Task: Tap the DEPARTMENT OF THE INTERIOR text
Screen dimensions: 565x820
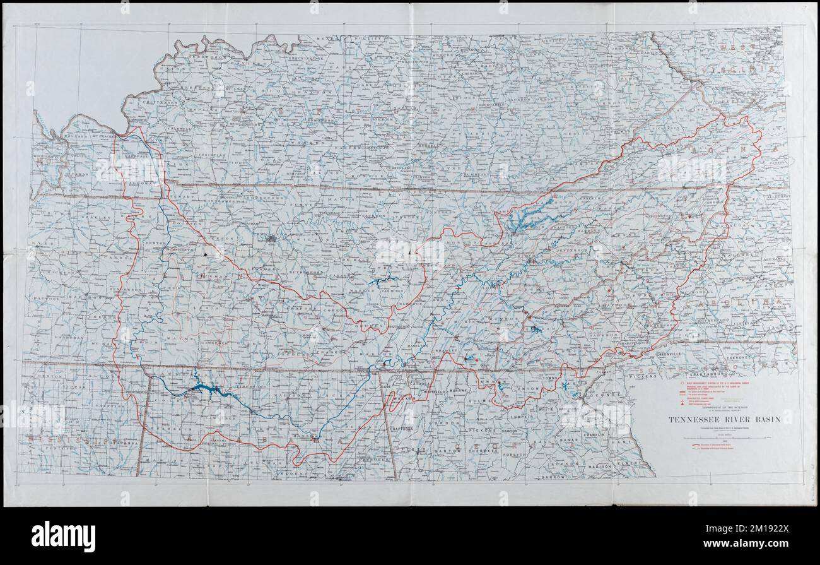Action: click(725, 407)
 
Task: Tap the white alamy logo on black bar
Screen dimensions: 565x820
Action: click(63, 536)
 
